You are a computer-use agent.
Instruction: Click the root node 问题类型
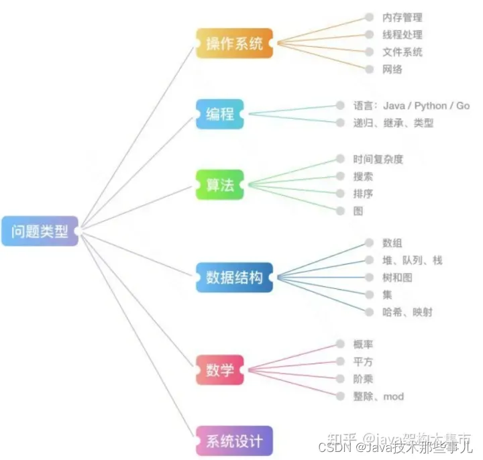(39, 231)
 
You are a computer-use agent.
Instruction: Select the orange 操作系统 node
(234, 44)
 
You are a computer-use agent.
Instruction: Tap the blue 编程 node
(219, 114)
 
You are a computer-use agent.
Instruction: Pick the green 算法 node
(219, 184)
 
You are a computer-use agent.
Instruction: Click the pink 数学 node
(219, 370)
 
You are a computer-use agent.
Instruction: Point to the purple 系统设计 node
(234, 441)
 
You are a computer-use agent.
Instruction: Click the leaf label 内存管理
(402, 17)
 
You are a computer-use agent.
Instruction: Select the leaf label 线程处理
(402, 35)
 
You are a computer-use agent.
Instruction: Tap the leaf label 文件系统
(402, 52)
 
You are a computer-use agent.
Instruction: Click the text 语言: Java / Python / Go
(411, 106)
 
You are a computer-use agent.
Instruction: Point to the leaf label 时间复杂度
(378, 160)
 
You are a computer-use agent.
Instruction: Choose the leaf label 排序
(363, 194)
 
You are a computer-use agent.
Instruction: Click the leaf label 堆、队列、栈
(412, 260)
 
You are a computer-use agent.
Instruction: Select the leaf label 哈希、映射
(407, 312)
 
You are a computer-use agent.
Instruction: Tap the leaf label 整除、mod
(378, 396)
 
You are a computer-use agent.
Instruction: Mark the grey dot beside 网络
(369, 69)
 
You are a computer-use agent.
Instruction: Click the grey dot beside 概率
(340, 344)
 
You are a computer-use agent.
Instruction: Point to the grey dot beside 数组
(369, 243)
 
